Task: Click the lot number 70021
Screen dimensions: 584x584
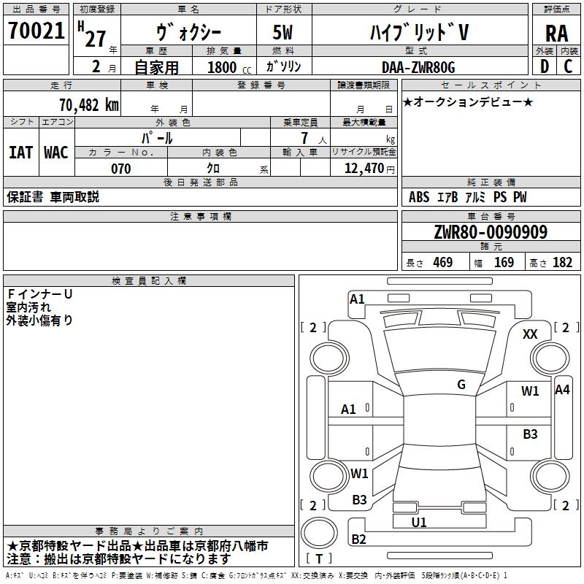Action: pos(36,31)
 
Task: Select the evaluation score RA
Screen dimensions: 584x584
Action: pos(556,33)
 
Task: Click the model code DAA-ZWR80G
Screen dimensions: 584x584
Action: pos(418,67)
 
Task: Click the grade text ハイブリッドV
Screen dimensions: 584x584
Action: pos(418,32)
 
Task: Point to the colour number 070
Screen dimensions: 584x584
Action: pos(120,169)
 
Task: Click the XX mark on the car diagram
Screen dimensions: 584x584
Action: pos(531,334)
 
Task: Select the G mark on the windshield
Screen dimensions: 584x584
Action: pos(461,385)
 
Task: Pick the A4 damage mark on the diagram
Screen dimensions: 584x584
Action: pos(562,390)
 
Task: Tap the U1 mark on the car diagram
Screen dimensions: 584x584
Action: pos(419,522)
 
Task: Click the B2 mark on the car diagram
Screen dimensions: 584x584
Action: pos(359,539)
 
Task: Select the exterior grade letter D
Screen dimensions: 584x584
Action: pos(544,66)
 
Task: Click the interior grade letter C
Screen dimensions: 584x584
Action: pos(569,66)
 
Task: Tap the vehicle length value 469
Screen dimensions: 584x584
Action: pos(442,262)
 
